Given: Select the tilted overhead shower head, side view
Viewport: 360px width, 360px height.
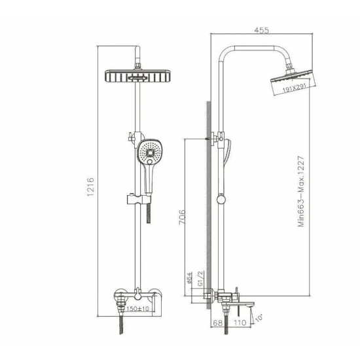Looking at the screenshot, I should [289, 84].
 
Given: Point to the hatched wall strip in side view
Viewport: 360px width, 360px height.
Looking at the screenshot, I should [207, 196].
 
